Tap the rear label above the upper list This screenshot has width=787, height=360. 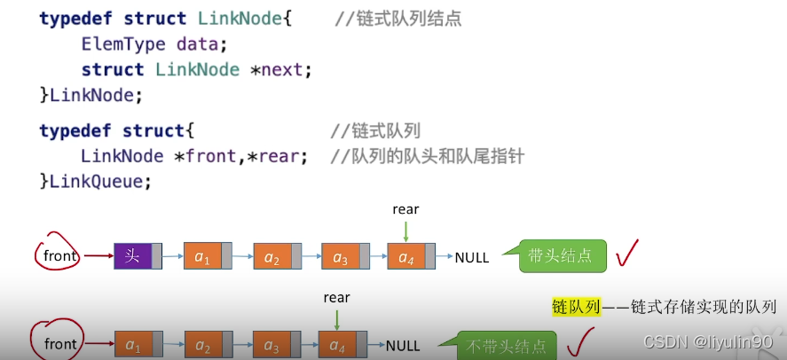point(405,210)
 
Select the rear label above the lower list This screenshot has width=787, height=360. point(337,298)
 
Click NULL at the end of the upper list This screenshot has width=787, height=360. point(472,258)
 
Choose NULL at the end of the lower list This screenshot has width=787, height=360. point(404,345)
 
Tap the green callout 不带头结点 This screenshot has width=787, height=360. point(500,346)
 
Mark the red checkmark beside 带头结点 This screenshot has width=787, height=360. point(628,254)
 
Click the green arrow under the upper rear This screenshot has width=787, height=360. point(405,231)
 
